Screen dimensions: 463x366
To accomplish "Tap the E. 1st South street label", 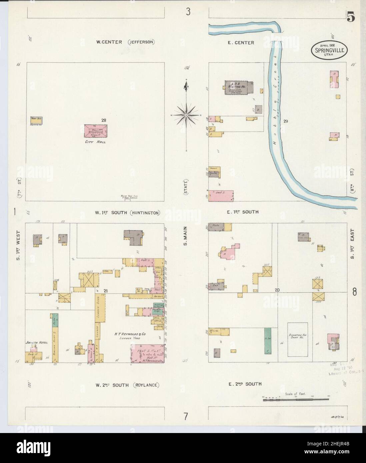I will tap(243, 212).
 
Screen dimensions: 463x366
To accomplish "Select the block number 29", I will tap(285, 121).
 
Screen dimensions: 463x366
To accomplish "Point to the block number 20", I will tap(277, 290).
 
